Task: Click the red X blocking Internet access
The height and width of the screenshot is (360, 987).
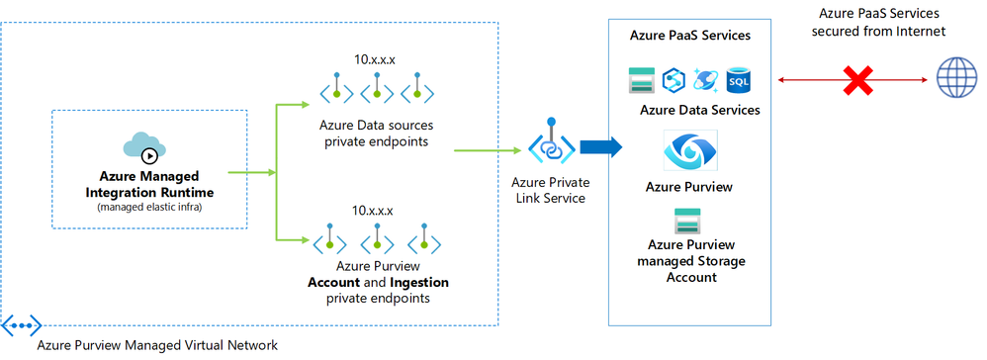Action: [x=855, y=81]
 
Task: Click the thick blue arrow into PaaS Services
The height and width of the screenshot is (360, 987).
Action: [x=600, y=148]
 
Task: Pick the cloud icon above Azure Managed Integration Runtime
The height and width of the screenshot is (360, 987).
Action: [x=147, y=146]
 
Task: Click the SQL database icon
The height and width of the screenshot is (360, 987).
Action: [x=739, y=80]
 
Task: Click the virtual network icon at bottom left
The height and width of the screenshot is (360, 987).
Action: [x=21, y=324]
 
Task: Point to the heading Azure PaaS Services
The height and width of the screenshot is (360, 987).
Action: [x=689, y=35]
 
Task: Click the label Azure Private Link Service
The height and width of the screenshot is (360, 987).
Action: [x=547, y=190]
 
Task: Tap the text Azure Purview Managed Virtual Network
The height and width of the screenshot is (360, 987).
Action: [x=157, y=344]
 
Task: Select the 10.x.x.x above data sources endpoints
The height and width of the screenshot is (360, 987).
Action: [x=375, y=59]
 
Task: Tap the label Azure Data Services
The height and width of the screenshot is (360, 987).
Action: [x=699, y=110]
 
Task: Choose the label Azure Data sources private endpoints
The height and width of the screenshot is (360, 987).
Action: [x=375, y=133]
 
